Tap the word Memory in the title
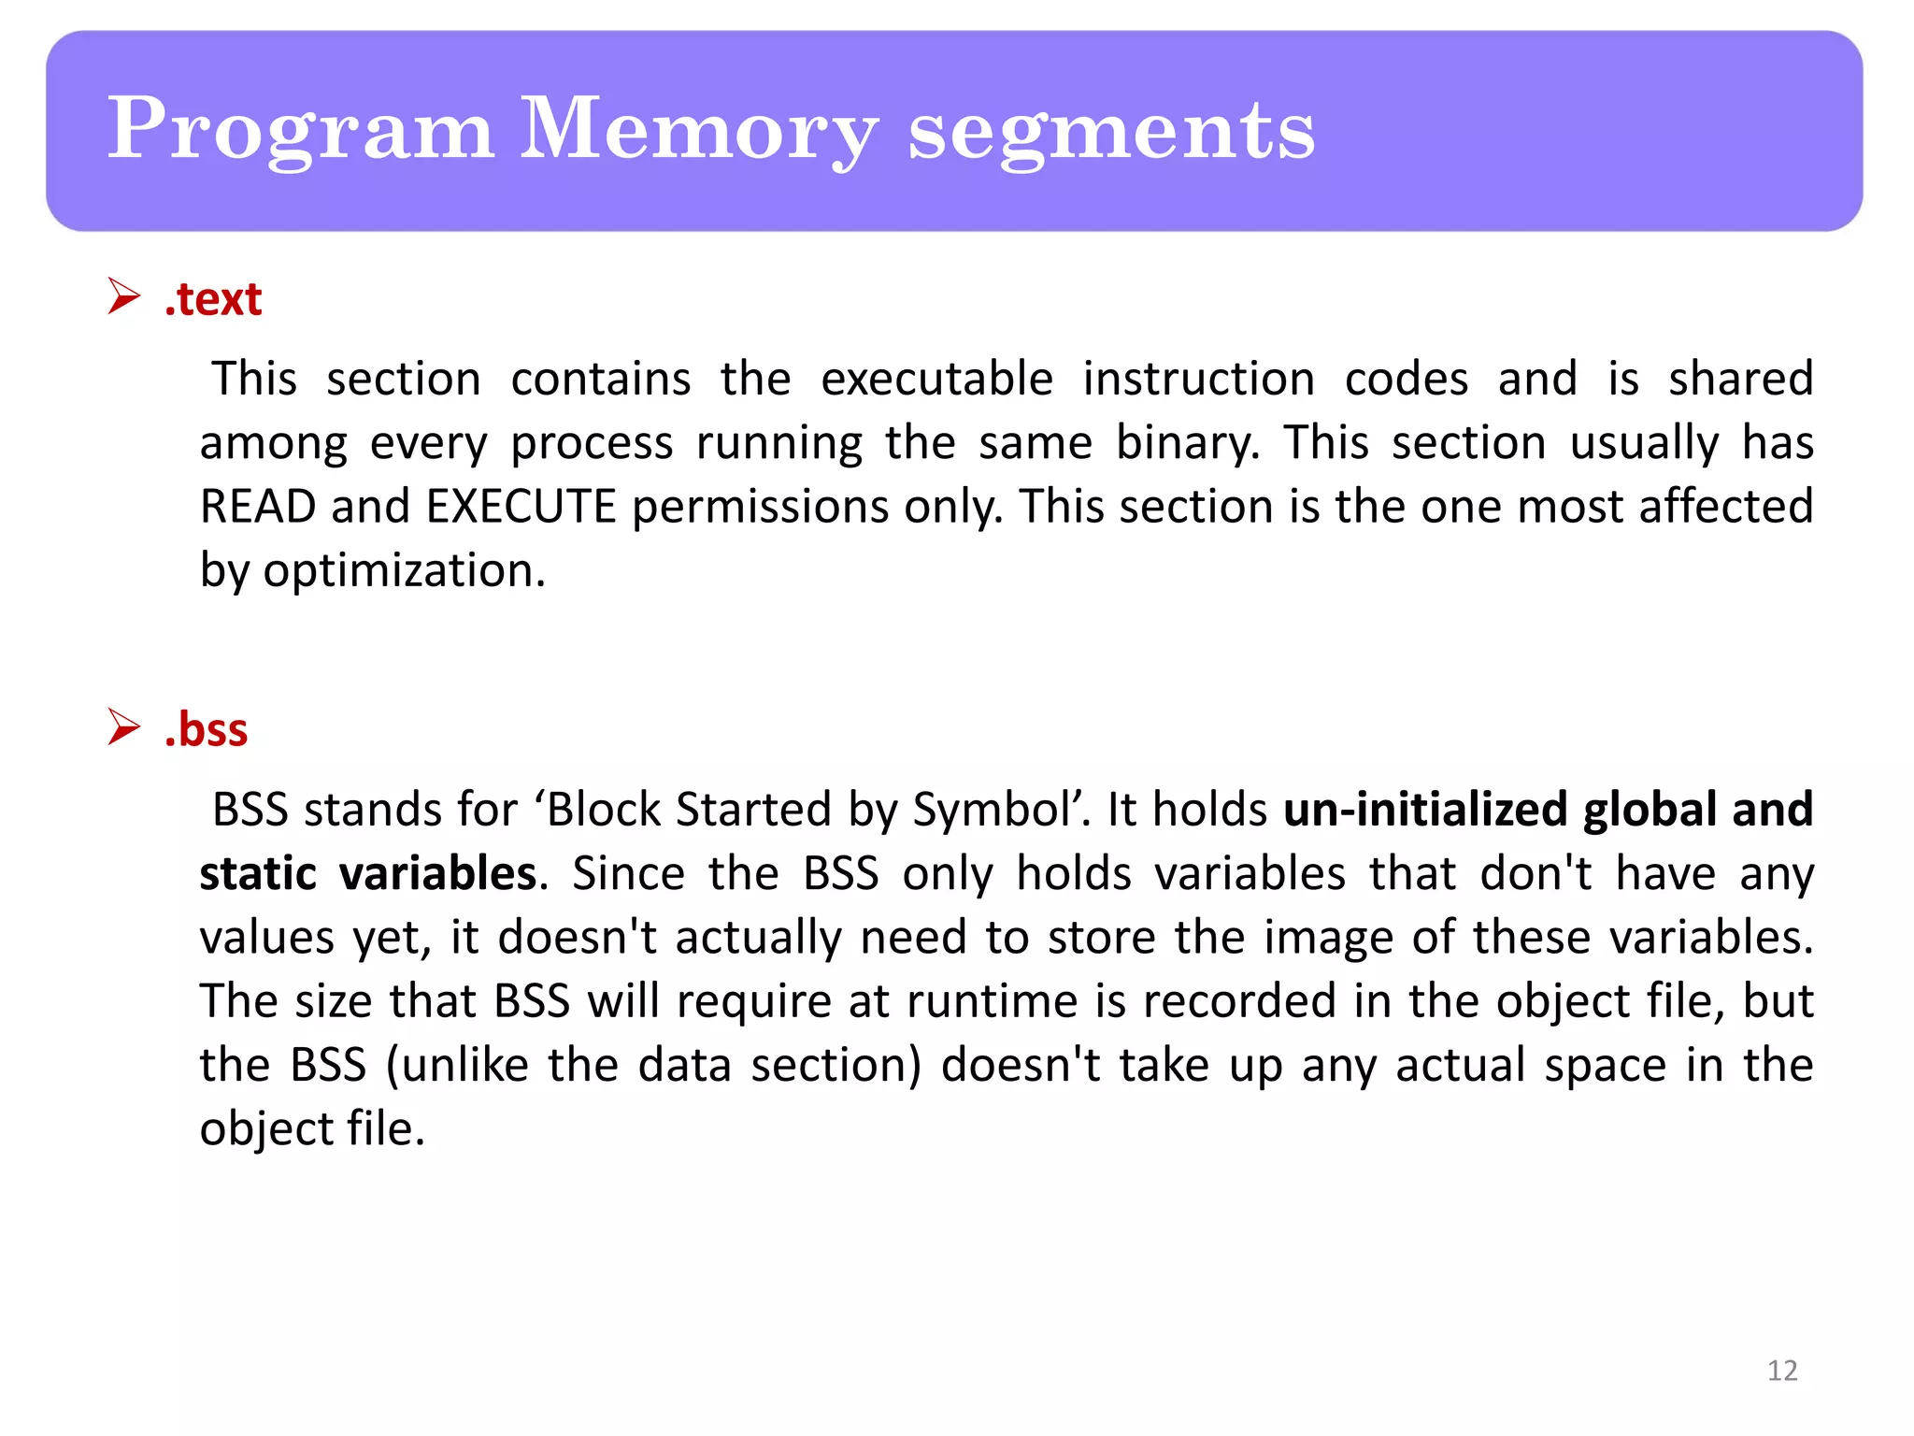(698, 131)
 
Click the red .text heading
(213, 299)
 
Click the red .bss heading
(206, 729)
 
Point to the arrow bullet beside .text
(123, 296)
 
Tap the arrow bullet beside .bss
(123, 726)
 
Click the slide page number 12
(1782, 1371)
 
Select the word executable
(936, 380)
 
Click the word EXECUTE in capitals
(521, 507)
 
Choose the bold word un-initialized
(1424, 810)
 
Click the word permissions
(760, 507)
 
